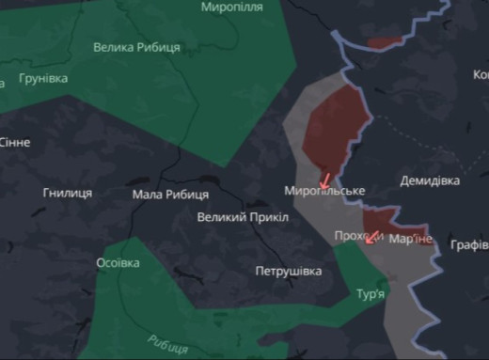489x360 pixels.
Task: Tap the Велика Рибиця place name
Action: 138,46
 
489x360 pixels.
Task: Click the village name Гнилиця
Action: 67,193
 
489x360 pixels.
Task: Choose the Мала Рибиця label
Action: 170,195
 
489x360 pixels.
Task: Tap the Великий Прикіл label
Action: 241,217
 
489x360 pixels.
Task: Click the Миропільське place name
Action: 323,192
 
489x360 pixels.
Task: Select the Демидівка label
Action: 430,180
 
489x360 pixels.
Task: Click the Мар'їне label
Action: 411,240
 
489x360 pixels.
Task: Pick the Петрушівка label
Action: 288,272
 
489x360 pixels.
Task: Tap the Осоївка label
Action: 118,263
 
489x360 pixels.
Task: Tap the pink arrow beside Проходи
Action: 373,236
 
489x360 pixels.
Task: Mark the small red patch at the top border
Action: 384,42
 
